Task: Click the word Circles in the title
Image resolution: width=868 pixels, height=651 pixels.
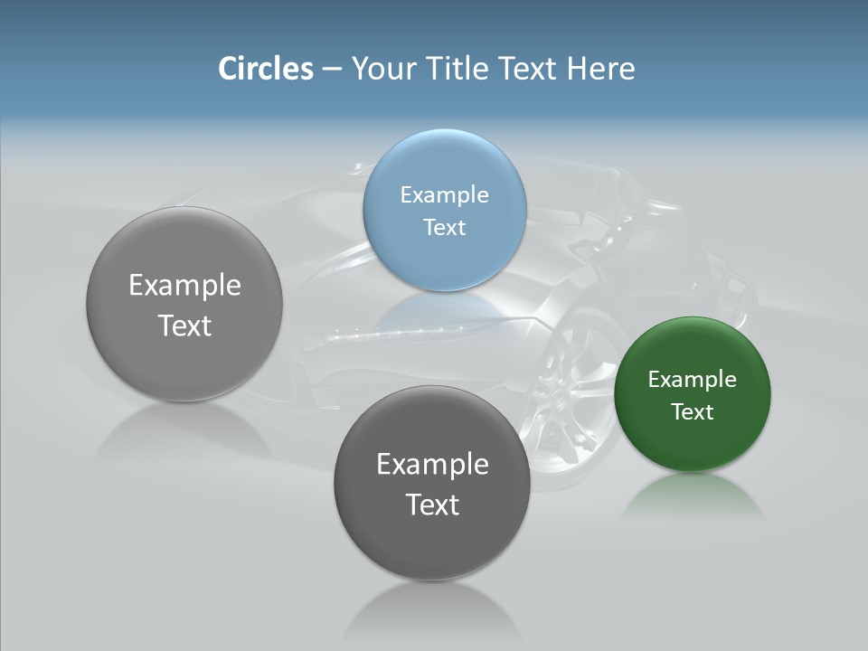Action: [x=265, y=69]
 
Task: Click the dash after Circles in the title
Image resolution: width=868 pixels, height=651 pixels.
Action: [x=332, y=70]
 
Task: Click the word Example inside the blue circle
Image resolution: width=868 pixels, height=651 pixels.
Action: [x=444, y=194]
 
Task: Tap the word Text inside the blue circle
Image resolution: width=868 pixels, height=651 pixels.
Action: [x=444, y=227]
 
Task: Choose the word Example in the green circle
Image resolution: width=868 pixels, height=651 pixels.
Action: [x=692, y=379]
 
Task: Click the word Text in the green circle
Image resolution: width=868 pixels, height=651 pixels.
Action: [x=692, y=411]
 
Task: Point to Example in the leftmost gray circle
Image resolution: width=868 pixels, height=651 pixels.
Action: [x=184, y=285]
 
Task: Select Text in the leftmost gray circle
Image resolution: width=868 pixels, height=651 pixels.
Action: [x=184, y=325]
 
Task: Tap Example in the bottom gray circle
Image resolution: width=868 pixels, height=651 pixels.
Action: [x=432, y=464]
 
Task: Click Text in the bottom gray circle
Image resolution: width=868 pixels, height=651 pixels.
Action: [x=432, y=505]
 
